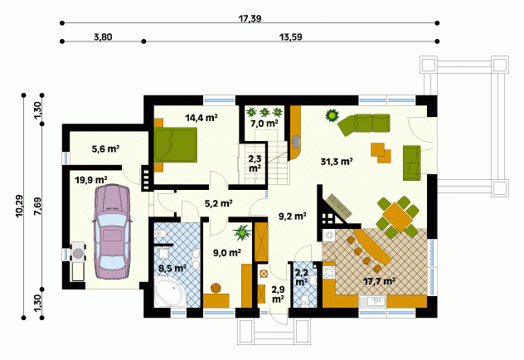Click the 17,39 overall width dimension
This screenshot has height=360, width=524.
coord(250,18)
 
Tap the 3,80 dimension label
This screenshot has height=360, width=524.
coord(103,36)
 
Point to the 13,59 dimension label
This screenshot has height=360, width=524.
coord(291,36)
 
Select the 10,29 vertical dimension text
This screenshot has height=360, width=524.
coord(19,206)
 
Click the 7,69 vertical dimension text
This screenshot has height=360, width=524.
coord(37,207)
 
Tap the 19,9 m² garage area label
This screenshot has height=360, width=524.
coord(91,181)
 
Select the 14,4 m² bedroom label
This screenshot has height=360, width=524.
coord(201,118)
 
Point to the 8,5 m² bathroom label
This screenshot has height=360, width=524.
coord(172,268)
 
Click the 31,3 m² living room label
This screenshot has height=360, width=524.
coord(337,162)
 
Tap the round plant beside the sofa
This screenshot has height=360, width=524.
coord(332,115)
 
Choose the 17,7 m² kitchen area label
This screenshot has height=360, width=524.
coord(380,281)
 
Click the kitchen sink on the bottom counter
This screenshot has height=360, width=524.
coord(372,301)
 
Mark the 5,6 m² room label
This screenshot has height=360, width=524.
coord(105,148)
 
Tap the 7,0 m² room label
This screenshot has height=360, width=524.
coord(264,124)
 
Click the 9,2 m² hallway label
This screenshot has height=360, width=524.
coord(293,216)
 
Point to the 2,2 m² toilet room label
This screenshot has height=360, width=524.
coord(302,277)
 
